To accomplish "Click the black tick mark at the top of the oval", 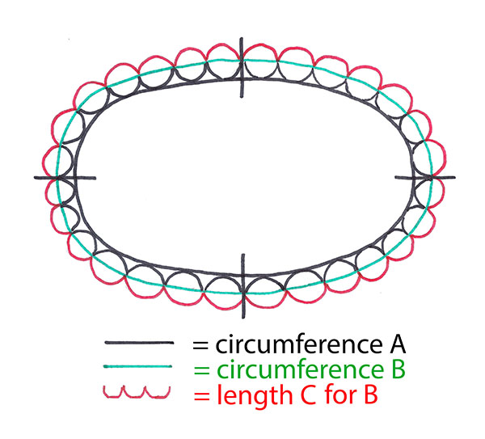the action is (x=242, y=67).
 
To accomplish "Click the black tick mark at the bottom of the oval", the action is (x=243, y=286).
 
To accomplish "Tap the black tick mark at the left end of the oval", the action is (x=65, y=178).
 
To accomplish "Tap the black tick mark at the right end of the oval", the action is (x=425, y=177).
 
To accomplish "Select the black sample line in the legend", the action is (x=139, y=343).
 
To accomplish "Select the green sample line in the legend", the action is (x=137, y=366).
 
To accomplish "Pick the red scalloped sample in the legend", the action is (x=137, y=391).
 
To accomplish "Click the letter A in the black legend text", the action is (x=397, y=344).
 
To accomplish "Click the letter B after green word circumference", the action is (x=398, y=369).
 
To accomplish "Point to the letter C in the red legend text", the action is (x=308, y=395).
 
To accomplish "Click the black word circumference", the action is (x=299, y=344).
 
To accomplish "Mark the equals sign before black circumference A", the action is (x=200, y=345).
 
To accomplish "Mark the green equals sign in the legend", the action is (x=201, y=370).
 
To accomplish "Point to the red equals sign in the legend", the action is (x=201, y=396).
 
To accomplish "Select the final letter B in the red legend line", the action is (x=371, y=395).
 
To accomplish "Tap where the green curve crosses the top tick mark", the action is (x=242, y=61).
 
